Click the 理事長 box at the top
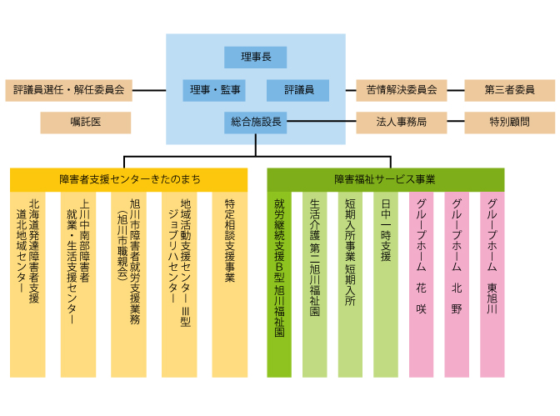255,58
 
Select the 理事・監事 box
214,90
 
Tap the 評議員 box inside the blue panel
297,90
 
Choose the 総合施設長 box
255,123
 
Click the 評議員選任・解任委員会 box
69,90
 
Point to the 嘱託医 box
86,123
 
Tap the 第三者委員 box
509,90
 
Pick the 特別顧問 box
509,123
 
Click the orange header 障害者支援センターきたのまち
129,179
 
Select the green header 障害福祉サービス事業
385,179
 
